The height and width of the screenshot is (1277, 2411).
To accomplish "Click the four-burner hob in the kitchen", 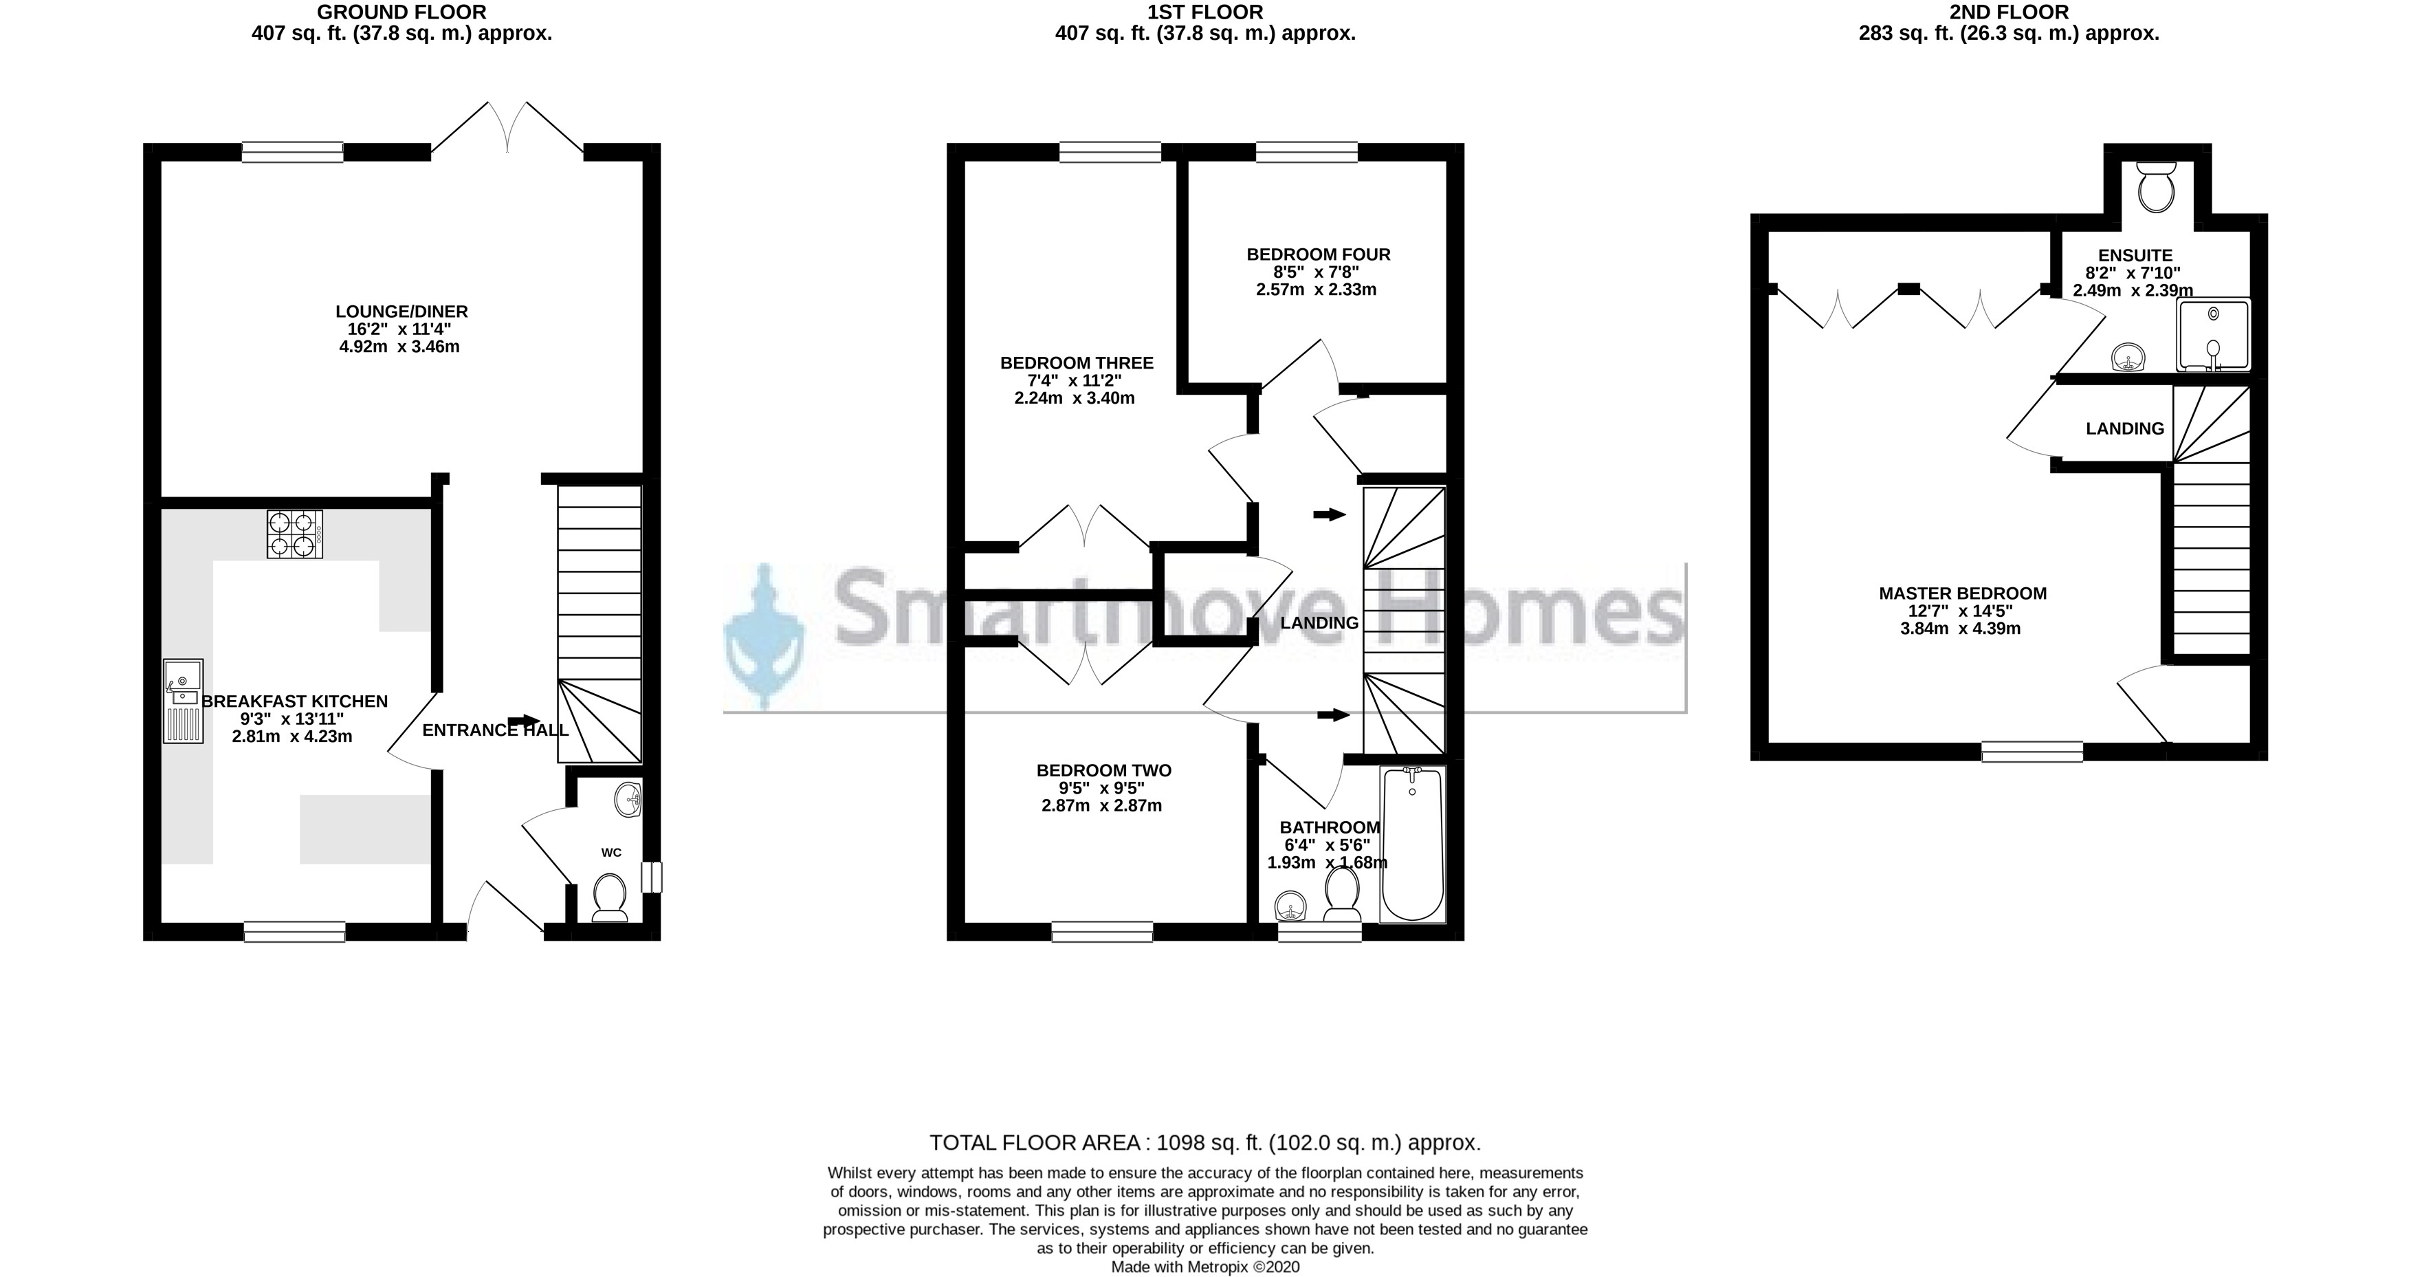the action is pyautogui.click(x=295, y=534).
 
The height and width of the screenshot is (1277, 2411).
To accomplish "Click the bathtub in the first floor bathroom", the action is pyautogui.click(x=1413, y=844).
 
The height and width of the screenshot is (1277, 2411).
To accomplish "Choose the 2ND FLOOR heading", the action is pyautogui.click(x=2007, y=12).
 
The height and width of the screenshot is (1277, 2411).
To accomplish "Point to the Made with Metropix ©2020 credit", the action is pyautogui.click(x=1206, y=1267).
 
